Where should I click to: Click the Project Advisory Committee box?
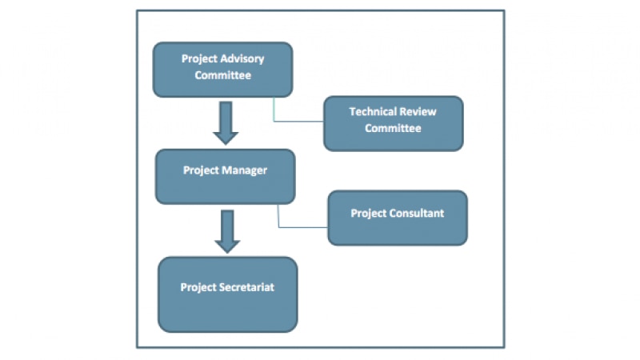(x=222, y=70)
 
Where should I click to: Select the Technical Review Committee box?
(x=393, y=123)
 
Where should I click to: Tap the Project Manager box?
(x=225, y=176)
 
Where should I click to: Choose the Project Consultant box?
(x=397, y=218)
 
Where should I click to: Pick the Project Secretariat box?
(x=227, y=294)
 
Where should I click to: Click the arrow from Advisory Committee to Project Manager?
(x=226, y=122)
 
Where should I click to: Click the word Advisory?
(x=240, y=59)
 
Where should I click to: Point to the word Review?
(x=419, y=112)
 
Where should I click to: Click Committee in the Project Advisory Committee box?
(x=222, y=76)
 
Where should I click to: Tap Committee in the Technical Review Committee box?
(x=393, y=128)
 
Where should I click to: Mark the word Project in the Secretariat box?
(x=198, y=287)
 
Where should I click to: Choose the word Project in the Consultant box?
(x=368, y=214)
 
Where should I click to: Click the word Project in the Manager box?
(x=200, y=170)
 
